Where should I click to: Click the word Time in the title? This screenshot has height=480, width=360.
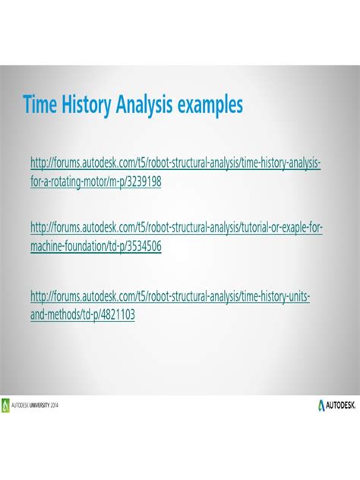pyautogui.click(x=40, y=104)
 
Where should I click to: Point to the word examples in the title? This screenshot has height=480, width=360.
pyautogui.click(x=210, y=106)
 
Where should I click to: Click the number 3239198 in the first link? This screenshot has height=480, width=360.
pyautogui.click(x=144, y=182)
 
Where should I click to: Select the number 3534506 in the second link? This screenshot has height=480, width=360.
pyautogui.click(x=144, y=246)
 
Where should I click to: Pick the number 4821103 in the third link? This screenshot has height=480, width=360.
pyautogui.click(x=118, y=314)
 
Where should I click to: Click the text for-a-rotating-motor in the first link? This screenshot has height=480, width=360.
pyautogui.click(x=68, y=182)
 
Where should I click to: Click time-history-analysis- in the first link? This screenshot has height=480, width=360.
pyautogui.click(x=281, y=163)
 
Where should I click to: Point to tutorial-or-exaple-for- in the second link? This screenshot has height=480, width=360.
pyautogui.click(x=282, y=227)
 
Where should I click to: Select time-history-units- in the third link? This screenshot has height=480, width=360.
pyautogui.click(x=276, y=297)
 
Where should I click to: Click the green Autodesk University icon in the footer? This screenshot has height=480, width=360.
pyautogui.click(x=5, y=406)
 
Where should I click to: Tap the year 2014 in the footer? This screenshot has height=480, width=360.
pyautogui.click(x=54, y=406)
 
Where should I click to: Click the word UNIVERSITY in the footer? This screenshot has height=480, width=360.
pyautogui.click(x=39, y=406)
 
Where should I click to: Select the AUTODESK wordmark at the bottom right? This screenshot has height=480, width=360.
pyautogui.click(x=341, y=406)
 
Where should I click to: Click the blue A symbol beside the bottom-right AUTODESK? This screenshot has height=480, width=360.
pyautogui.click(x=321, y=406)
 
